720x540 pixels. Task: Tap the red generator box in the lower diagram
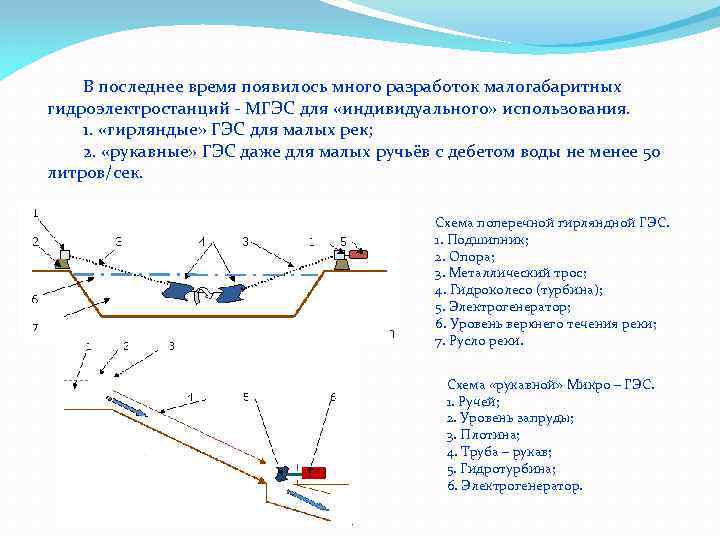313,471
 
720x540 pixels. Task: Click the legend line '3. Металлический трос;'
510,273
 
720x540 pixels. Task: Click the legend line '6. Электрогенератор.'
514,486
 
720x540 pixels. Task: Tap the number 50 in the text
650,152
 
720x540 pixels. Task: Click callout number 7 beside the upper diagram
35,327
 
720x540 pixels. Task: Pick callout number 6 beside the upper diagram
35,298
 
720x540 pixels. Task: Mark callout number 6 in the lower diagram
332,398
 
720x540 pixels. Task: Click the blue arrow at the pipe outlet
305,498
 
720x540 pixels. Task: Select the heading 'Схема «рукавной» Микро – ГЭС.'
550,384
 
